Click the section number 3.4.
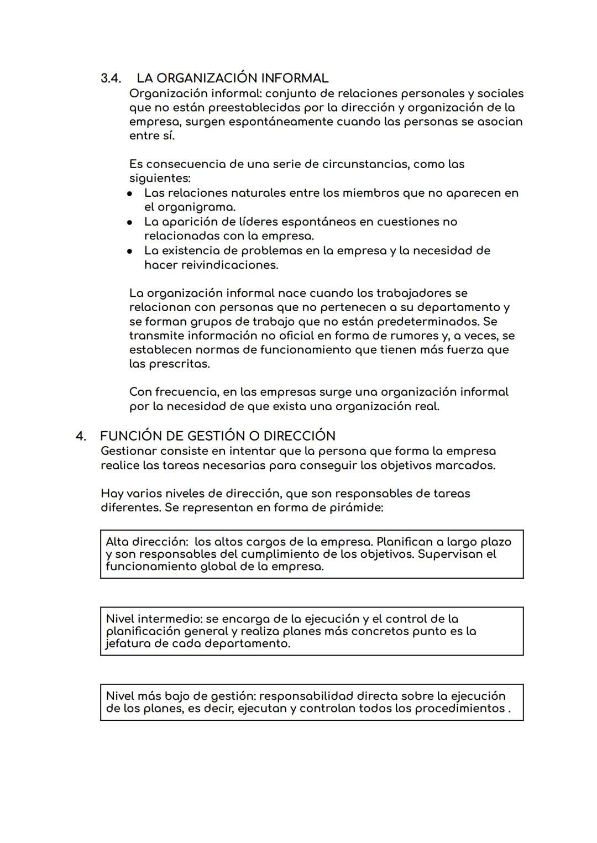pyautogui.click(x=111, y=78)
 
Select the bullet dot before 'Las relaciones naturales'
pyautogui.click(x=129, y=194)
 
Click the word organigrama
pyautogui.click(x=196, y=208)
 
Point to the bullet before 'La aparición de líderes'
pyautogui.click(x=129, y=223)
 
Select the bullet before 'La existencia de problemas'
pyautogui.click(x=129, y=252)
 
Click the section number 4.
pyautogui.click(x=81, y=436)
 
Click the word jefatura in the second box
pyautogui.click(x=131, y=644)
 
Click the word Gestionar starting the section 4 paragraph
pyautogui.click(x=128, y=452)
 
